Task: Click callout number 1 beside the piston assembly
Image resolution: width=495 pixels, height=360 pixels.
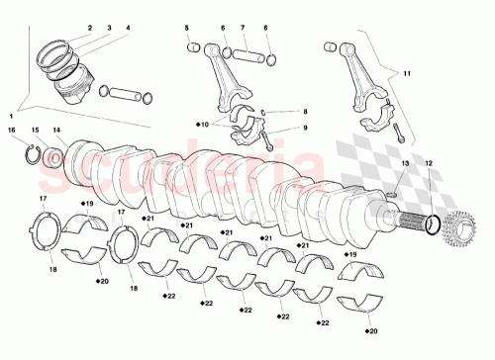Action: [11, 116]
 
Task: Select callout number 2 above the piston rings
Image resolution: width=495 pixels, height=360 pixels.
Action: [89, 28]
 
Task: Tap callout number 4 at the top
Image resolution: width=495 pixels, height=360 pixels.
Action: [126, 28]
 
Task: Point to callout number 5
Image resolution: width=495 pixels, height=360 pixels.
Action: [186, 29]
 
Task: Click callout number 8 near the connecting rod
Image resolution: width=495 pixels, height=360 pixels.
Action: [305, 113]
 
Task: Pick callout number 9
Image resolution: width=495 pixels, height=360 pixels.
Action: [305, 128]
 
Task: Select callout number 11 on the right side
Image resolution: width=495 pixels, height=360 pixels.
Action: [406, 72]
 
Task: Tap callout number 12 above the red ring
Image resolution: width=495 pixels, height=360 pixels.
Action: [428, 162]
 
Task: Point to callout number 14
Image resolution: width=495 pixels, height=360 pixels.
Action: [56, 130]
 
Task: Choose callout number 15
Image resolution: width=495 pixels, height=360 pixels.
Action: [34, 130]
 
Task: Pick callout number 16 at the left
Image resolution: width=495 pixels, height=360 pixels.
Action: [12, 130]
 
